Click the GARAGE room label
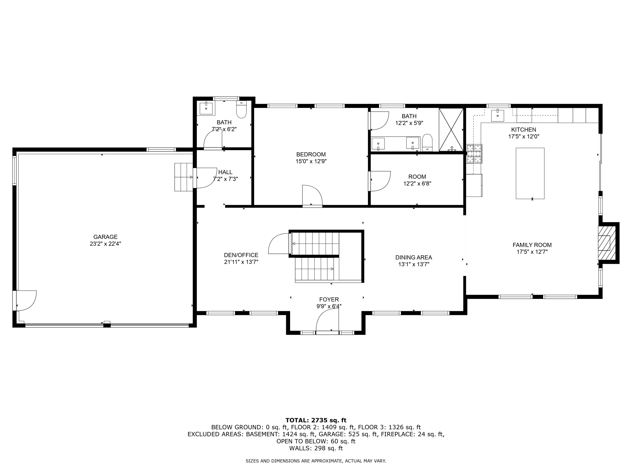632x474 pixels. [x=105, y=237]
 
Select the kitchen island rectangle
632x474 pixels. [x=530, y=173]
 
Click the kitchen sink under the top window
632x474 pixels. [x=497, y=116]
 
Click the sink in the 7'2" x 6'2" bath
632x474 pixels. [x=206, y=108]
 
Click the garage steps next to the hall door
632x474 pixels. [x=183, y=177]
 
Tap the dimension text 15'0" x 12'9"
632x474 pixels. [x=311, y=161]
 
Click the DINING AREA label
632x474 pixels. [x=413, y=257]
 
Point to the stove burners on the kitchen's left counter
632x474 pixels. [x=474, y=153]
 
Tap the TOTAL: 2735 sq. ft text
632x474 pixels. [x=316, y=420]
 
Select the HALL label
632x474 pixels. [x=225, y=172]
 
